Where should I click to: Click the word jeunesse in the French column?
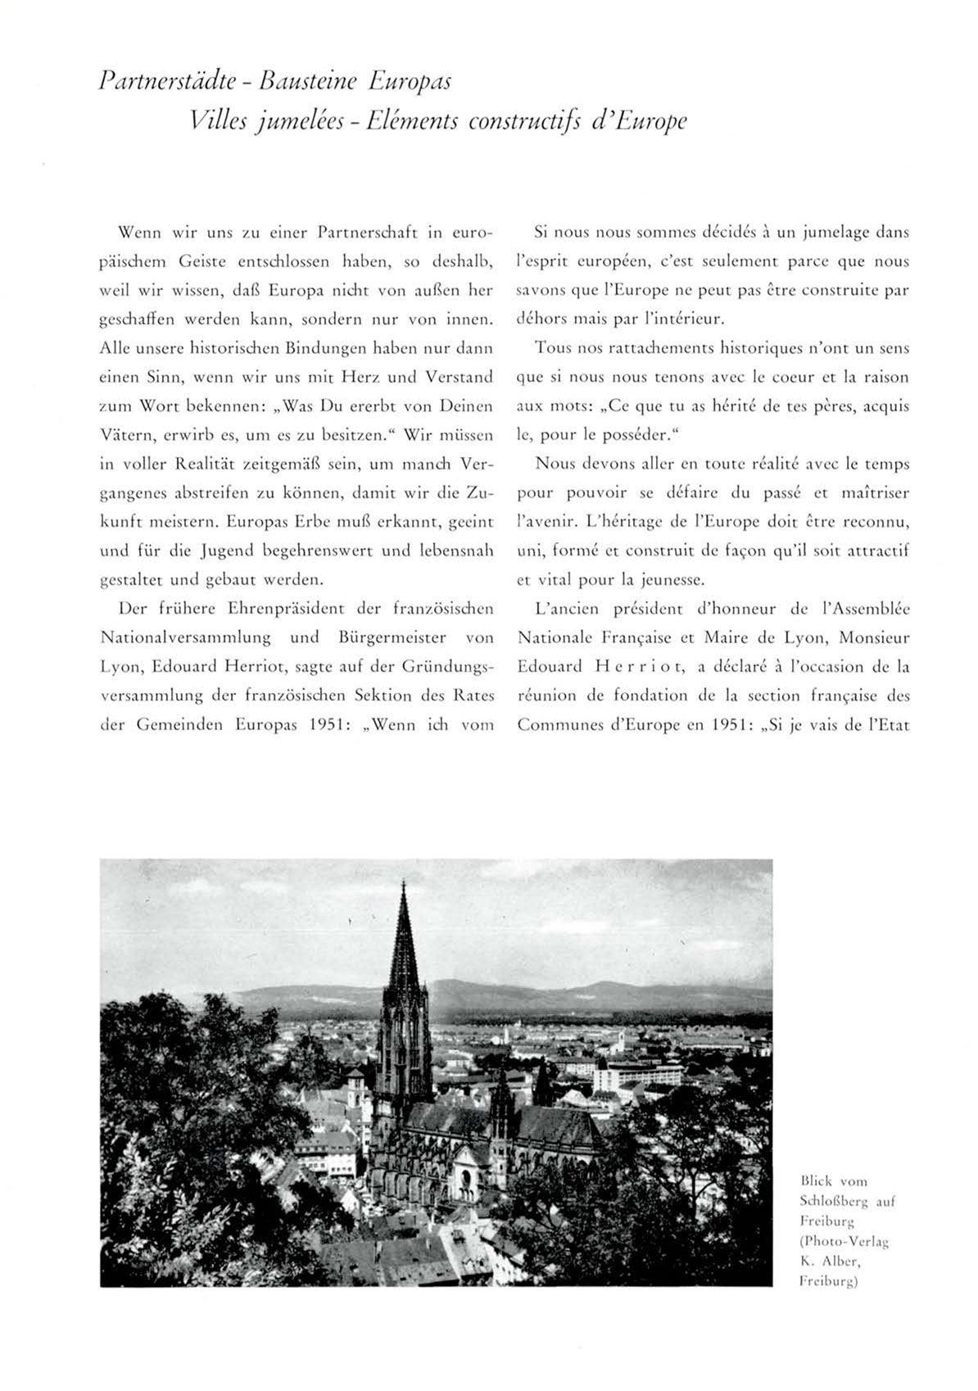pos(669,580)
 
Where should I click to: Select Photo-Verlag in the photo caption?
pos(844,1241)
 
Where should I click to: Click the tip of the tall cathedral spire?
pos(403,882)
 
